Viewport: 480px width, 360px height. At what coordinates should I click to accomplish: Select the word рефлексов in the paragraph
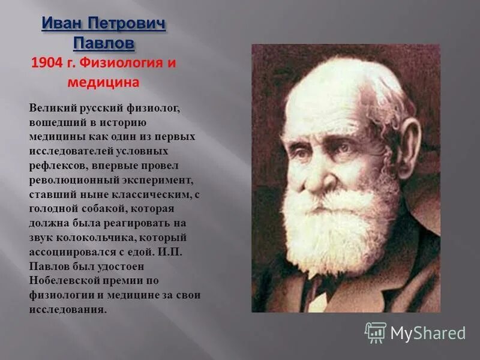click(x=55, y=165)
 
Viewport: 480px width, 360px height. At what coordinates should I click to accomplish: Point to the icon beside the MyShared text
click(x=376, y=332)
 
